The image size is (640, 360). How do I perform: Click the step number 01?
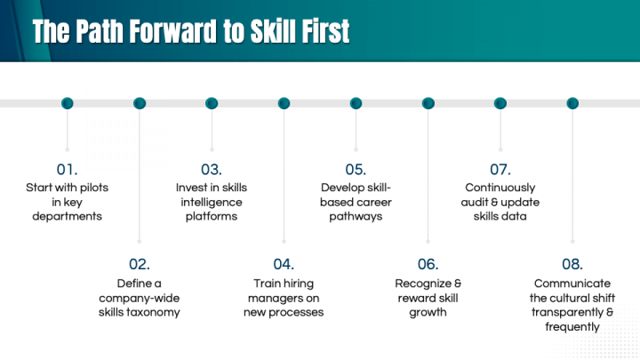67,170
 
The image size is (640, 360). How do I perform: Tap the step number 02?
140,265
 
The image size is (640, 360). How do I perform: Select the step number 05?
356,170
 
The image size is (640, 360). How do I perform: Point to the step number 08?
572,265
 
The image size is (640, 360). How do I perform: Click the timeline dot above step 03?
212,103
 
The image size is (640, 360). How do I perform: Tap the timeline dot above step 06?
428,103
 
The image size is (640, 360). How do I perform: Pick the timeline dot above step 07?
500,103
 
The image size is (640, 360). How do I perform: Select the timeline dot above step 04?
284,103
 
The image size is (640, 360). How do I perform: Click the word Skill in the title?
274,31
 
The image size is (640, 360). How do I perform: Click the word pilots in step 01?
93,188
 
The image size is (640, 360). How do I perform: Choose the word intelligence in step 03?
212,203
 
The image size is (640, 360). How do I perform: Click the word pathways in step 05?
356,217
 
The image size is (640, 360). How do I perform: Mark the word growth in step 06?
428,313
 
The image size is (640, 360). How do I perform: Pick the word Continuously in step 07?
500,188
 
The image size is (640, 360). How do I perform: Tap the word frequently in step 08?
572,327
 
